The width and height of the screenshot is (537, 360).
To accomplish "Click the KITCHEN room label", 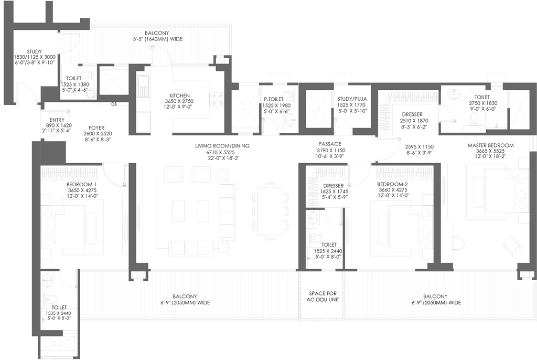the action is pos(179,96).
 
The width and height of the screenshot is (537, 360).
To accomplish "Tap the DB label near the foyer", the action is pos(114,104).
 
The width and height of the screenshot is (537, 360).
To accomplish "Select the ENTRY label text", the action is pos(57,120).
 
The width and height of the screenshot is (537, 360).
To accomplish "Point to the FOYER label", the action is pos(96,128).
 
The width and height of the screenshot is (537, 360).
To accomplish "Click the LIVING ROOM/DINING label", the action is pos(222,146).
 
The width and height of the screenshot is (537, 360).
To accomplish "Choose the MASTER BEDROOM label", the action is pos(490,145).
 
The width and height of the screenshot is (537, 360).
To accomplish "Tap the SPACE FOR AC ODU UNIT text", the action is pos(323,297).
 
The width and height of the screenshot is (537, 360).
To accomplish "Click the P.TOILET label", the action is pos(273,99).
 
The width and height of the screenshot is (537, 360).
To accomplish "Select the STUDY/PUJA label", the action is pos(352,99).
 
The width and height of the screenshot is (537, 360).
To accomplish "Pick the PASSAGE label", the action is pos(330,144).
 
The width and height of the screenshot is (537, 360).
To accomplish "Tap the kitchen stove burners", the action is pos(217,99).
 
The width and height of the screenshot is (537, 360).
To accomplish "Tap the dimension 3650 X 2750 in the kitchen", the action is pos(179,101).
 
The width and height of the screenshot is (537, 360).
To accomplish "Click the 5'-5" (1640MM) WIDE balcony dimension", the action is pos(158,39).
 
